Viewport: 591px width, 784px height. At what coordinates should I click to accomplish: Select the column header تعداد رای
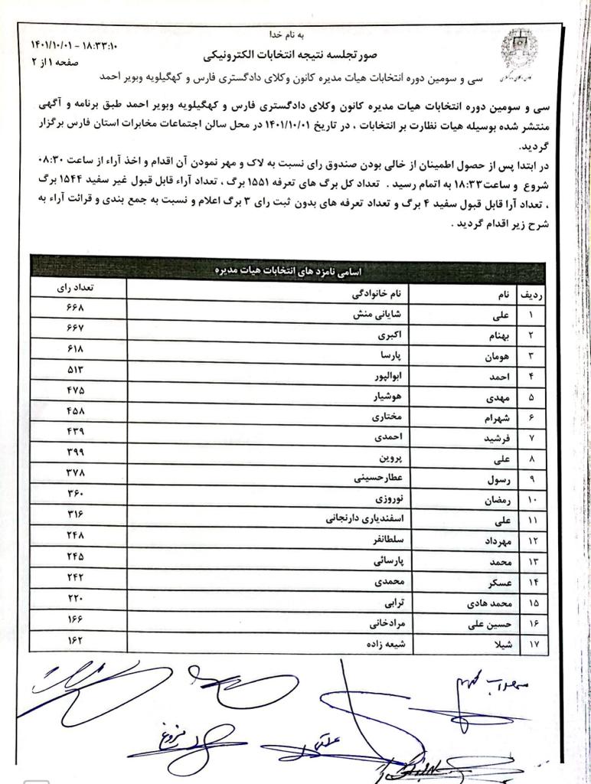pyautogui.click(x=76, y=291)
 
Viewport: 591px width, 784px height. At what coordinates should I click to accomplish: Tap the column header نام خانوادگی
pyautogui.click(x=380, y=294)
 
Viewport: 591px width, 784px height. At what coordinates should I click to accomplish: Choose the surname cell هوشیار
pyautogui.click(x=384, y=397)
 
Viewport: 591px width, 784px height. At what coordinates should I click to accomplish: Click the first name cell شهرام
pyautogui.click(x=491, y=418)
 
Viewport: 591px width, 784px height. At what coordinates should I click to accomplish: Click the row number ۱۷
pyautogui.click(x=532, y=645)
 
